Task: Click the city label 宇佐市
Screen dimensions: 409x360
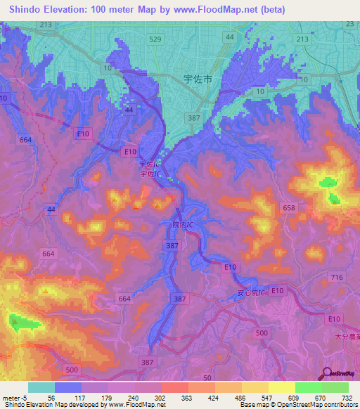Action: tap(197, 80)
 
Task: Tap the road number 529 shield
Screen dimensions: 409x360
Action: tap(155, 39)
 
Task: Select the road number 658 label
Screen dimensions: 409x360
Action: tap(289, 208)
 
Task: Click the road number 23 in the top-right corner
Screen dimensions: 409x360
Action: tap(349, 25)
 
